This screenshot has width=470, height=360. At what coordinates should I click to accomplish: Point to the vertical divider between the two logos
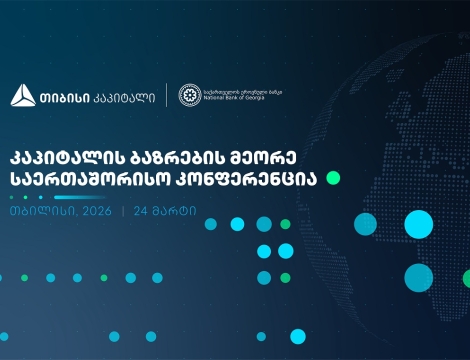(166, 96)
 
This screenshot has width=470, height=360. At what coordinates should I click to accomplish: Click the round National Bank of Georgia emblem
(190, 95)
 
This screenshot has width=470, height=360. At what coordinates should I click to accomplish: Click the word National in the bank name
(217, 100)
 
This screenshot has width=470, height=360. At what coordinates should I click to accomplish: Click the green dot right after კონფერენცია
(334, 178)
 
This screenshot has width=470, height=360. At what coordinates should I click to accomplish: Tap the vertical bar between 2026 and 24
(122, 213)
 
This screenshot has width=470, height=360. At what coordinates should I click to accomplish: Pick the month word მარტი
(174, 213)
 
